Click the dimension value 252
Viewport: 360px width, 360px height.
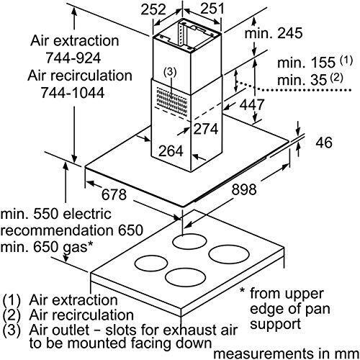coord(153,10)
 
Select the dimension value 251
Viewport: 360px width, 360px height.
coord(212,9)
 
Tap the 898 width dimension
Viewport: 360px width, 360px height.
coord(244,189)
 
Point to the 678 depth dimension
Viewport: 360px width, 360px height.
coord(114,194)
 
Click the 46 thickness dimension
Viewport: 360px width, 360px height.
coord(324,143)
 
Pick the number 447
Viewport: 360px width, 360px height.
coord(252,104)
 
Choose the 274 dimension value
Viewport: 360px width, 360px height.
coord(206,129)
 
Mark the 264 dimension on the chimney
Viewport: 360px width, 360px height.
coord(171,151)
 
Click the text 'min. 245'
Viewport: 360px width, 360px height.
coord(274,33)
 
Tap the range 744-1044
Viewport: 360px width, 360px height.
coord(73,93)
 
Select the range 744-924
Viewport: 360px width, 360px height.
coord(73,58)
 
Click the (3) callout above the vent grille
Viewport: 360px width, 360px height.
coord(170,72)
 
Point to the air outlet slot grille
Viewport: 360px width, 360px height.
coord(171,99)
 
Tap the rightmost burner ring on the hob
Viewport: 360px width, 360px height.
coord(229,254)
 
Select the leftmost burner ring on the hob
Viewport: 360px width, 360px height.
coord(151,264)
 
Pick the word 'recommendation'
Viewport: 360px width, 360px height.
coord(57,230)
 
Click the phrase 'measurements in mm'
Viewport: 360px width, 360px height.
coord(286,354)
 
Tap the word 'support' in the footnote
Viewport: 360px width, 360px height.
coord(275,325)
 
